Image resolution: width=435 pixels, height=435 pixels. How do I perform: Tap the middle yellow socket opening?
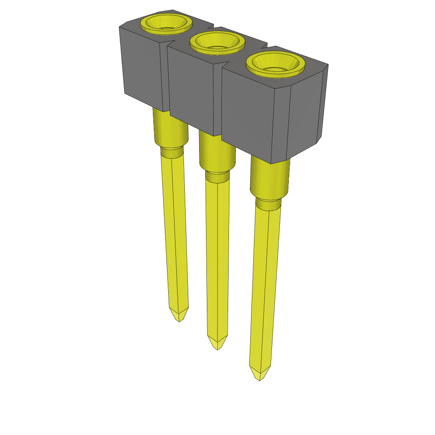[217, 43]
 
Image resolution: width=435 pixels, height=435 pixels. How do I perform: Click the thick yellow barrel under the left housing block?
[170, 127]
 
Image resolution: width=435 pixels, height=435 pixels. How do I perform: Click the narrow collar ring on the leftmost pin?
[172, 151]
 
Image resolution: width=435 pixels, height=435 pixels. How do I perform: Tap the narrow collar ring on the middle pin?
[217, 176]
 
